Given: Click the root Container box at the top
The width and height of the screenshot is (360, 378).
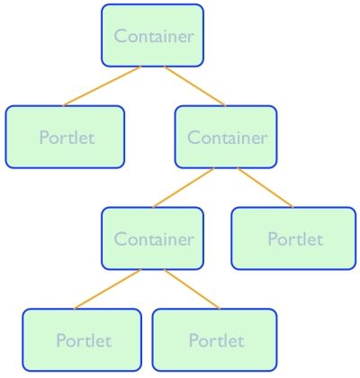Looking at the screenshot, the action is [x=152, y=35].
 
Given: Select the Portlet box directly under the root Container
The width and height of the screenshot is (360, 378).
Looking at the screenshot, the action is [x=65, y=137].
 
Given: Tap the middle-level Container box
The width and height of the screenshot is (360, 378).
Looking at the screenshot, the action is [x=226, y=137].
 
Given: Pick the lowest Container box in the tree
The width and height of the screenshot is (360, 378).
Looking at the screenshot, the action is [x=152, y=238].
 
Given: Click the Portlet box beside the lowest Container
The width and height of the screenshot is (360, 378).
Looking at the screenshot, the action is [x=293, y=238].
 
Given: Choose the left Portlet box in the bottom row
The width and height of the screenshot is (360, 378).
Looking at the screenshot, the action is [x=82, y=340].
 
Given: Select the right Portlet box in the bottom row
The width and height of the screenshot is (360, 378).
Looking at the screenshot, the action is [x=214, y=340].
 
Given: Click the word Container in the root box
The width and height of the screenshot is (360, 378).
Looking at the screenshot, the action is [x=154, y=36].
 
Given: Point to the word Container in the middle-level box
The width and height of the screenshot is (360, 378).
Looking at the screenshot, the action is [x=228, y=138].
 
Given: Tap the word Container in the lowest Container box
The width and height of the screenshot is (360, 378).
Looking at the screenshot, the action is [x=154, y=239].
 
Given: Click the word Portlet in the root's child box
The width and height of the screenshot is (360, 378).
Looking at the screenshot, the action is [x=67, y=138].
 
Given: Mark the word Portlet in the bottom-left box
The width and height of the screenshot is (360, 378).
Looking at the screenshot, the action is [x=84, y=340].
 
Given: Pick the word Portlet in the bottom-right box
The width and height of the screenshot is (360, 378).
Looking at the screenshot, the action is [x=217, y=340].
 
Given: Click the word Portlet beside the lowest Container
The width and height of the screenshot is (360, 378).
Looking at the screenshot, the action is [x=295, y=239].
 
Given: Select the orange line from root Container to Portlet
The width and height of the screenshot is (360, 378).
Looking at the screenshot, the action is [x=102, y=86].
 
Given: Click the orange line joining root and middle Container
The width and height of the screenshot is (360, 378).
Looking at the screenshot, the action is [x=194, y=86].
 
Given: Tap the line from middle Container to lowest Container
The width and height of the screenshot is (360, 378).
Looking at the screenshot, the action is [x=184, y=187].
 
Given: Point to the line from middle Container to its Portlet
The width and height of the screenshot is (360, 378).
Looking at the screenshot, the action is [x=265, y=187].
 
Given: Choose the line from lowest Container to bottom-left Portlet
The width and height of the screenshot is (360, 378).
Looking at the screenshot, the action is [x=107, y=289].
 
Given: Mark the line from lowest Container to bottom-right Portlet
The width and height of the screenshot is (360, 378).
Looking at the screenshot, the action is [x=192, y=289].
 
